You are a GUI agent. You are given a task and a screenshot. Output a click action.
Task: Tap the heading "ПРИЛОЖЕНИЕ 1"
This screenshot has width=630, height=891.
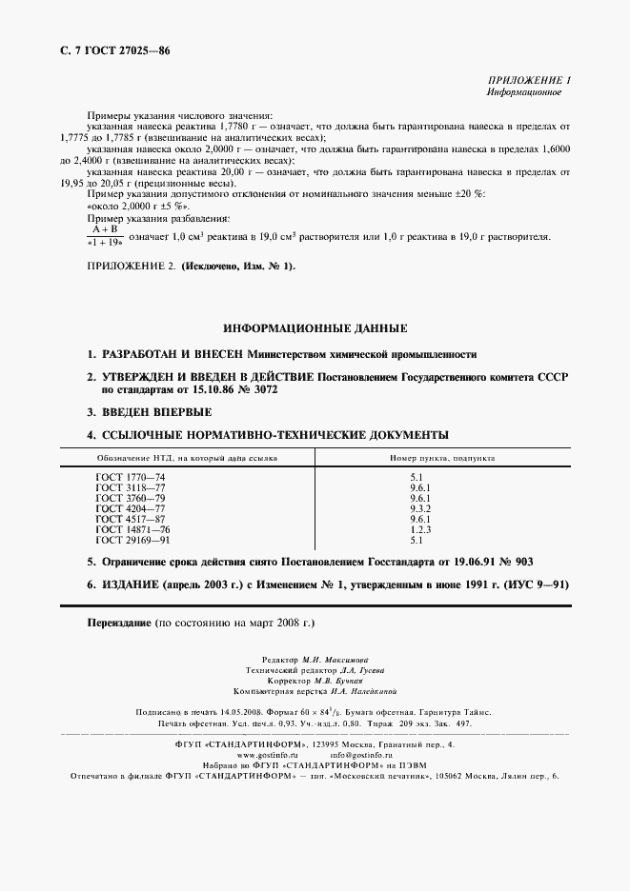528,82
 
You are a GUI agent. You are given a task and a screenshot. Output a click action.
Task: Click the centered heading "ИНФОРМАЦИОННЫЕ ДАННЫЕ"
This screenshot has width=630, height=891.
315,327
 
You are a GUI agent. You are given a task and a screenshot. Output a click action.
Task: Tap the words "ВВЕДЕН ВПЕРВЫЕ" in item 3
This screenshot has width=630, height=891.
156,412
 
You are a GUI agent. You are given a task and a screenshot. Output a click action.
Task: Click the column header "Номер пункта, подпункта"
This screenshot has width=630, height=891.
442,458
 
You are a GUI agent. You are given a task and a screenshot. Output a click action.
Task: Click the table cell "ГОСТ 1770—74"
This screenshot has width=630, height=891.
131,476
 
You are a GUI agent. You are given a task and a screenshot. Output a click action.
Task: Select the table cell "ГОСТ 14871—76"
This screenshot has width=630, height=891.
133,529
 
